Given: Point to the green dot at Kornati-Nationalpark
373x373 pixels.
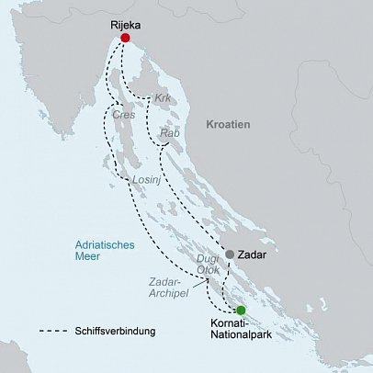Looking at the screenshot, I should (240, 311).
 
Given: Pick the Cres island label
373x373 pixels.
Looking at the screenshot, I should (122, 116).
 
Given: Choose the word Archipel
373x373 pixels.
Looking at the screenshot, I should (162, 296).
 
